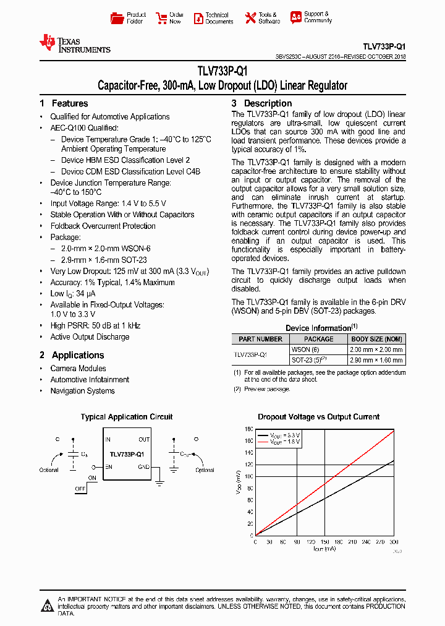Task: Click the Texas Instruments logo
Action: coord(74,43)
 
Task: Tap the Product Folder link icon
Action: coord(116,18)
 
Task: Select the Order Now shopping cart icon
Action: coord(161,18)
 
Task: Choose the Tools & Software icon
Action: coord(250,18)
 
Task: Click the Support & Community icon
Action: coord(296,17)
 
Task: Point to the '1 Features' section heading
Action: coord(64,103)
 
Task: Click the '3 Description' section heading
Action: coord(261,103)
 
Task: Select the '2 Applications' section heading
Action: coord(72,355)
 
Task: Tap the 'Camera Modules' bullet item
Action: coord(78,369)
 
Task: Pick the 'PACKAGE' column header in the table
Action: coord(319,339)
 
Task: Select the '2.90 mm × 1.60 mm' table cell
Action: coord(376,359)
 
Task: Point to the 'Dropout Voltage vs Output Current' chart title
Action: coord(318,417)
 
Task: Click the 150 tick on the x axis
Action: coord(324,541)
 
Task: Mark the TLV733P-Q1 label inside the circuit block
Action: coord(127,454)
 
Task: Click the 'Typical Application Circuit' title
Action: coord(127,417)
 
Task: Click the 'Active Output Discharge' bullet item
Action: coord(90,337)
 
